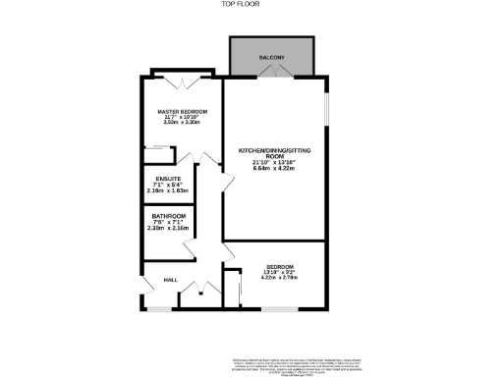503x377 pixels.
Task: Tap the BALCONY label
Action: coord(272,59)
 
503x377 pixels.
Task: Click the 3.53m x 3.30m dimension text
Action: coord(182,125)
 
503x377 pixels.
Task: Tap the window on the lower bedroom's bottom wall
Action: coord(281,308)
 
